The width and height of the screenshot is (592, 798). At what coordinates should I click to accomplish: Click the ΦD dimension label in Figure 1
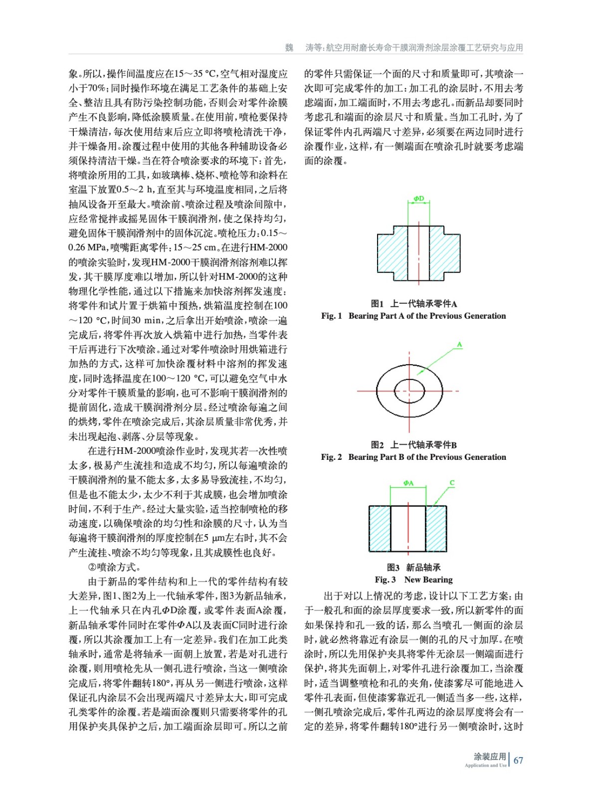coord(418,199)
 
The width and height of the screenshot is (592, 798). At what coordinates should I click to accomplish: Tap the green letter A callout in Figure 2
coord(459,345)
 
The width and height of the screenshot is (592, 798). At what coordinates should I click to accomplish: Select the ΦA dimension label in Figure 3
coord(408,483)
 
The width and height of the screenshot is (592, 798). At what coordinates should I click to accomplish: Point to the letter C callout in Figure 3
coord(452,482)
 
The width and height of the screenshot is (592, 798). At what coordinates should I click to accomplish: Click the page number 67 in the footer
coord(518,760)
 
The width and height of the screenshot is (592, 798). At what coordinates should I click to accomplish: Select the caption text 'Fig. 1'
coord(332,316)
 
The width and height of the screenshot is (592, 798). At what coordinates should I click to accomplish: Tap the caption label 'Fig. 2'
coord(332,457)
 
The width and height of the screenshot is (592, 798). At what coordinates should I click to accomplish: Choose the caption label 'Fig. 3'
coord(386,580)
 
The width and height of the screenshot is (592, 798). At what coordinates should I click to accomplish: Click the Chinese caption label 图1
coord(377,304)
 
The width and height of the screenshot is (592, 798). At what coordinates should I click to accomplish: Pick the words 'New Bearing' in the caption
coord(428,580)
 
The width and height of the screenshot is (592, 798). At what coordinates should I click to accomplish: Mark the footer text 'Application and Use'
coord(485,765)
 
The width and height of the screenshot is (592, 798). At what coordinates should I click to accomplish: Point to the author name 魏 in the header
coord(289,48)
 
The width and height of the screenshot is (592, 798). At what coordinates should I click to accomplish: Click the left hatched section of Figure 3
coord(380,528)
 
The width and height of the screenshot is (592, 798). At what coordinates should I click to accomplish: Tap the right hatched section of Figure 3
coord(436,528)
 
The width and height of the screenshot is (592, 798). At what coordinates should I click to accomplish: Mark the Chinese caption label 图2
coord(377,445)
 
